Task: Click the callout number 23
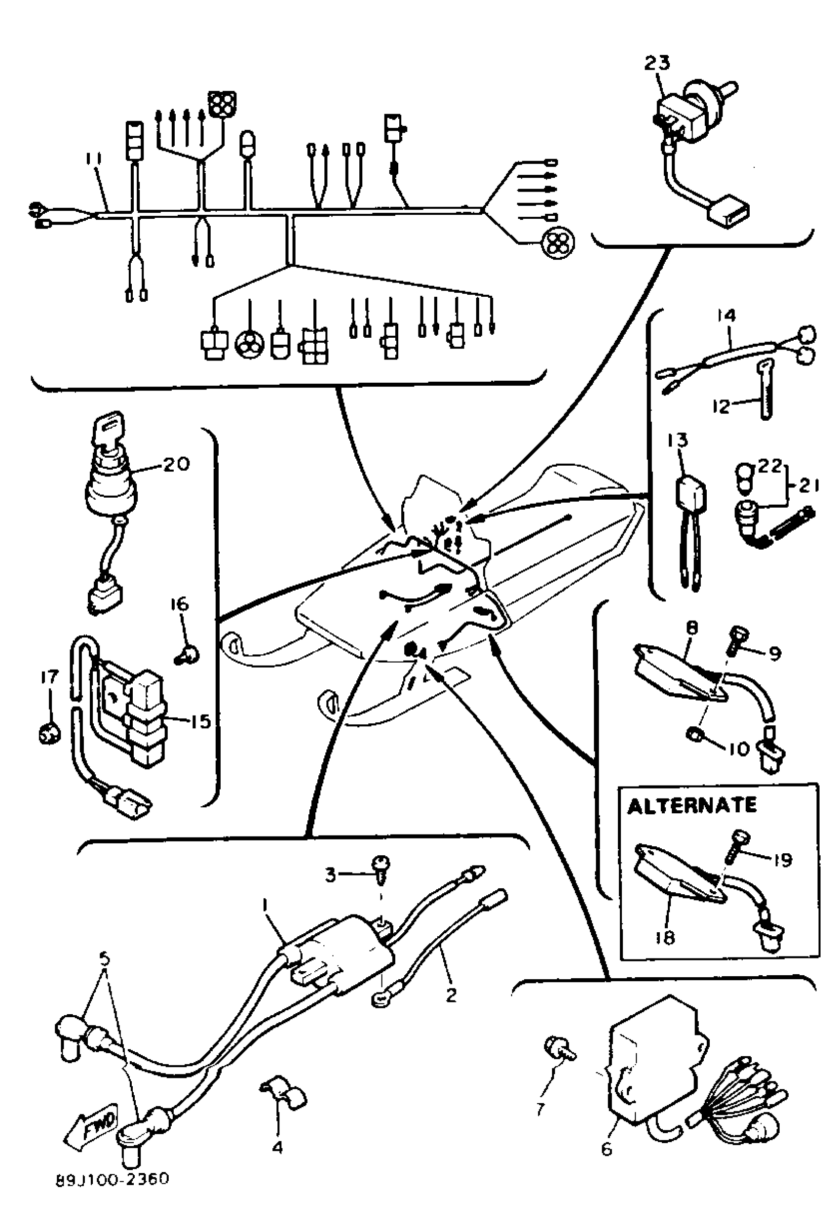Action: tap(657, 63)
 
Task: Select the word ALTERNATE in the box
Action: tap(691, 806)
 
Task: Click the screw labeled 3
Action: tap(380, 872)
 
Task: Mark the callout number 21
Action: tap(808, 485)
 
